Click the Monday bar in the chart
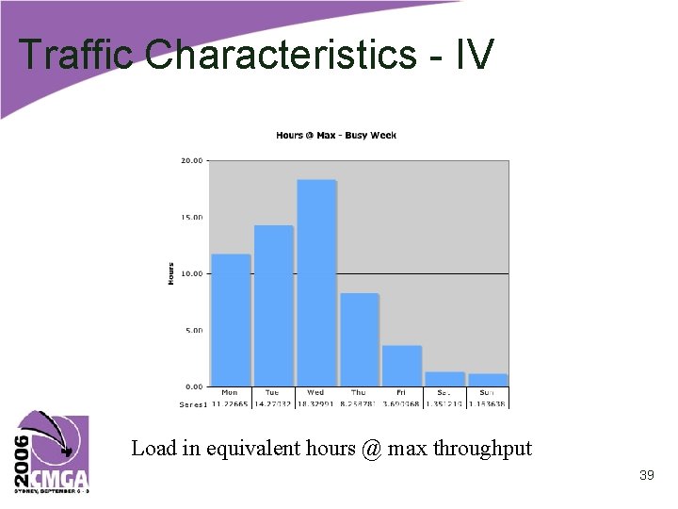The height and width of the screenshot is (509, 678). (x=230, y=320)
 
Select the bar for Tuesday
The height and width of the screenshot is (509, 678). (x=273, y=306)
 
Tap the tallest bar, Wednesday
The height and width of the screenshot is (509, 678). (x=316, y=283)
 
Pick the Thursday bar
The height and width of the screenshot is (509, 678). (x=359, y=339)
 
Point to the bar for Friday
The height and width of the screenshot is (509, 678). (x=401, y=366)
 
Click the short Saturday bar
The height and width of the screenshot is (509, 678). (x=444, y=379)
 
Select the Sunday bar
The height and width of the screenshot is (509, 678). (x=487, y=380)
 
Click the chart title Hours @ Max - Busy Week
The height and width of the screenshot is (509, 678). (x=336, y=136)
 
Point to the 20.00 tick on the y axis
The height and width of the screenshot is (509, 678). (x=191, y=161)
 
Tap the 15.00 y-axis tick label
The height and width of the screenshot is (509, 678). (x=191, y=218)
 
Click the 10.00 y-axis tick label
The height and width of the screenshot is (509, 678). (x=191, y=274)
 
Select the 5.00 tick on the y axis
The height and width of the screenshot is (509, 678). (x=193, y=331)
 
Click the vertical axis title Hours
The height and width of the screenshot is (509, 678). (x=171, y=274)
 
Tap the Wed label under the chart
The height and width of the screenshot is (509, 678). (x=315, y=393)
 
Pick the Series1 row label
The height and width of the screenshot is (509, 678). (x=192, y=404)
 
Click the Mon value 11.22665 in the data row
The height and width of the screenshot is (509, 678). (x=230, y=404)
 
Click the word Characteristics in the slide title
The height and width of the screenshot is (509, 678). (x=282, y=55)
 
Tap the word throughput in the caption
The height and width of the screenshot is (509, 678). (x=482, y=449)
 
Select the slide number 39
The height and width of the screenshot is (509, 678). (x=646, y=476)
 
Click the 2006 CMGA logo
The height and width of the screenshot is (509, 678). (x=53, y=452)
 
